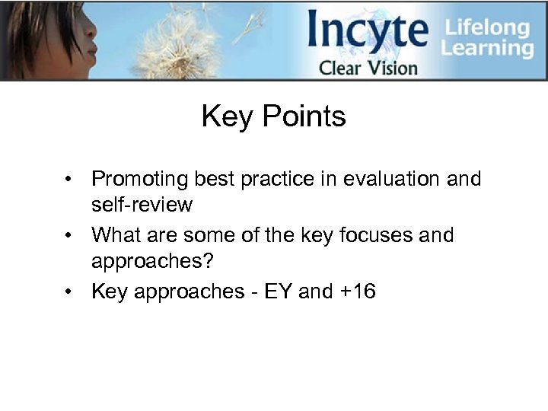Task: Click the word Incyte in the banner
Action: (368, 32)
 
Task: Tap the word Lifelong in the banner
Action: (487, 27)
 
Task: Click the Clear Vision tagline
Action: (368, 68)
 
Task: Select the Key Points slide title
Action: (273, 116)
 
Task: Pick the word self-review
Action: (142, 205)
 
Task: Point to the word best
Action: (216, 179)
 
